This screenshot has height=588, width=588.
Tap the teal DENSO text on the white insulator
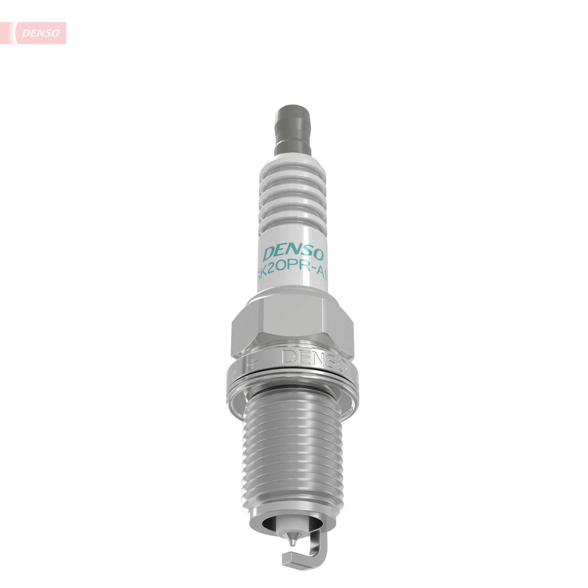coord(293,253)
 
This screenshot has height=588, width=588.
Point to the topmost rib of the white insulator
coord(293,173)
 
